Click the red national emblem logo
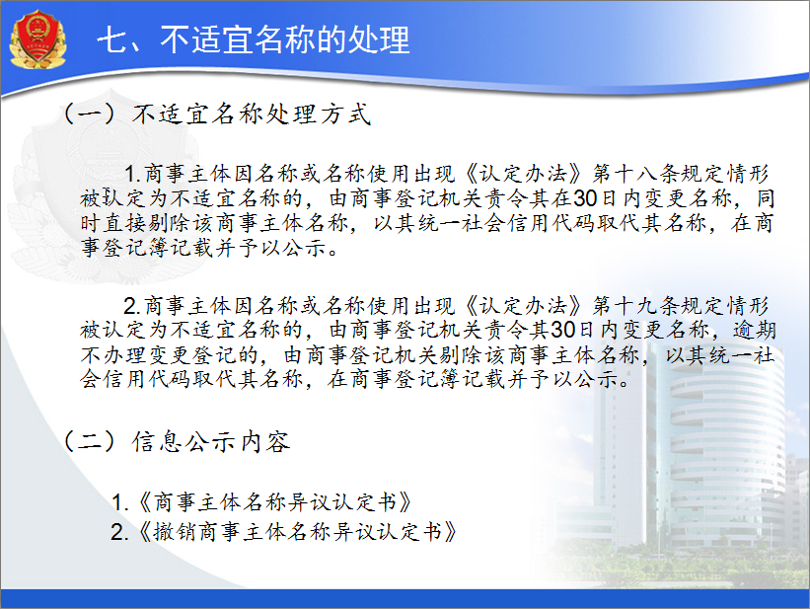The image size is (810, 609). point(37,38)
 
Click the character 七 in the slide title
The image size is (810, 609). point(112,39)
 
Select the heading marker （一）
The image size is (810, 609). point(89,114)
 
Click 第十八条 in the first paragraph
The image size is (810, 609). point(636,174)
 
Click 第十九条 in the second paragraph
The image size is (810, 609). point(636,306)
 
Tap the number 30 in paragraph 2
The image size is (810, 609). point(563,330)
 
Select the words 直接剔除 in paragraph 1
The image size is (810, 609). point(147,223)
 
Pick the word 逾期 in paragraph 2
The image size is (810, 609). point(754,330)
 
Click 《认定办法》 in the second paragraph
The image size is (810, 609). point(524,306)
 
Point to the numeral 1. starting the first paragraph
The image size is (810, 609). point(133,175)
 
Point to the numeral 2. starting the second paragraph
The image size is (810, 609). point(132,307)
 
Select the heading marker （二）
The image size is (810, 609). point(89,441)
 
